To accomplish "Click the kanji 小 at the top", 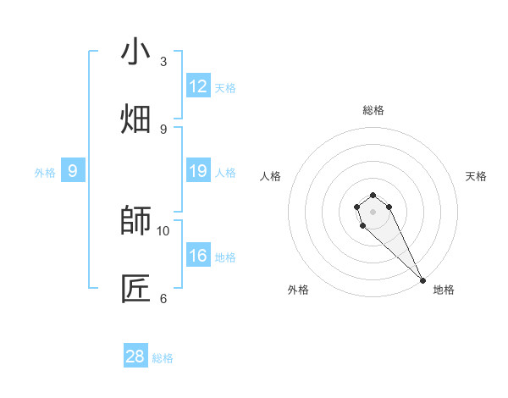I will tap(135, 53).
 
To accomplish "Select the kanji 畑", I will tap(135, 119).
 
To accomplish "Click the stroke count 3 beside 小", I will tap(163, 62).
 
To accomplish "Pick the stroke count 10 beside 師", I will tap(163, 230).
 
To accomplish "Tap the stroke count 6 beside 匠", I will tap(163, 298).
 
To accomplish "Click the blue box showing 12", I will tap(198, 86).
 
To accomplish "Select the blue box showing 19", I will tap(198, 171).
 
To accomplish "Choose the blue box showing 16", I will tap(198, 256).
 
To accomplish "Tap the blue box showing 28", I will tap(135, 357).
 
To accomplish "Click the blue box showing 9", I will tap(73, 171).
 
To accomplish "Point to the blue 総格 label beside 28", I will tap(163, 358).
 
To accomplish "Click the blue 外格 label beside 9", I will tap(45, 173).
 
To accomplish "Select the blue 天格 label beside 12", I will tap(225, 88).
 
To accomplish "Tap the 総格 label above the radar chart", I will tap(373, 110).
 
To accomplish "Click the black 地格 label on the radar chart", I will tap(444, 290).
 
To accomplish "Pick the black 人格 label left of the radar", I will tap(271, 176).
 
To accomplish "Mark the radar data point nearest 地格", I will tap(422, 279).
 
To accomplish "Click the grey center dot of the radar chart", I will tap(373, 211).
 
